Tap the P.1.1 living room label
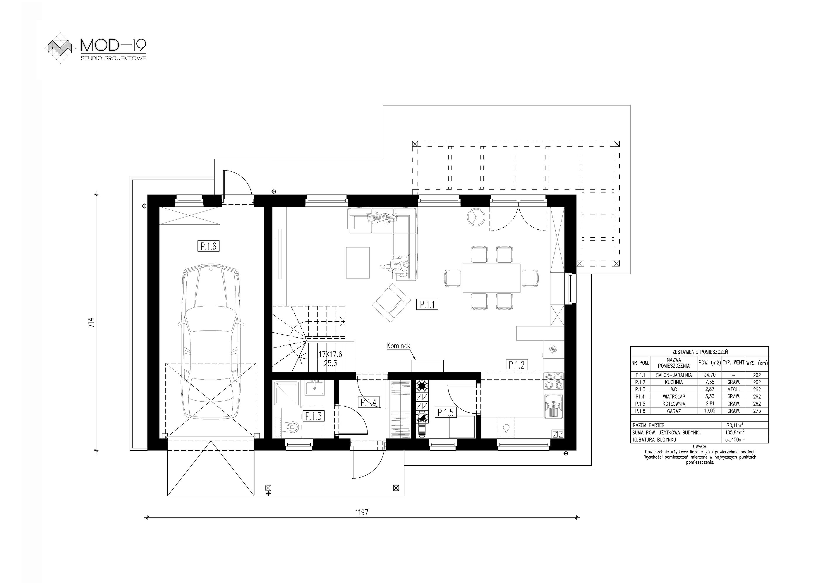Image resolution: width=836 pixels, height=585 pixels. click(427, 304)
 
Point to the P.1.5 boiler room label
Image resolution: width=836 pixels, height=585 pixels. click(445, 412)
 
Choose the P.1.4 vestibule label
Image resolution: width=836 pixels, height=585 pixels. click(369, 402)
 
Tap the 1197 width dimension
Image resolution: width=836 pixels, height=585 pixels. click(362, 512)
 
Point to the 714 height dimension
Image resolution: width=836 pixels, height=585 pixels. click(91, 323)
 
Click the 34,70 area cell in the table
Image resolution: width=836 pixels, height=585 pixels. click(710, 375)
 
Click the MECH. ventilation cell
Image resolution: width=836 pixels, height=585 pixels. click(733, 389)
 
